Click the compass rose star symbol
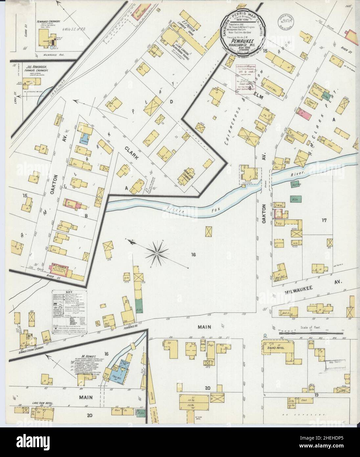point(157,253)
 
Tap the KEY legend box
point(68,309)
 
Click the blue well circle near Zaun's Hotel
point(265,336)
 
